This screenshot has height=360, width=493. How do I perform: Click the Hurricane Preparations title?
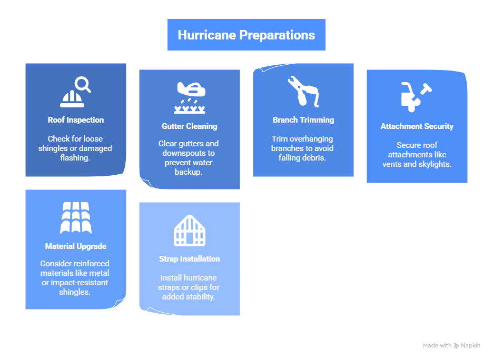(246, 35)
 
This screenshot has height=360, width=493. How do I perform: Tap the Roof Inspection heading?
(76, 120)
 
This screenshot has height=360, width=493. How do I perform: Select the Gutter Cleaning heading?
(190, 126)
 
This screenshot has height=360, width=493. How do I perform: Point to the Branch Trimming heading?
(303, 120)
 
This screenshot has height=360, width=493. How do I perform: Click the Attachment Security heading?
(417, 126)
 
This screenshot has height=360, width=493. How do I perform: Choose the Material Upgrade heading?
(76, 246)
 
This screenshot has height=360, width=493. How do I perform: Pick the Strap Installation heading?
(190, 259)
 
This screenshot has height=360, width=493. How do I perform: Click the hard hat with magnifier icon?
(76, 92)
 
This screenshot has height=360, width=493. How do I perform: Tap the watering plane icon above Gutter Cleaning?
(190, 98)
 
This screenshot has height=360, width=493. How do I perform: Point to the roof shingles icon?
(76, 218)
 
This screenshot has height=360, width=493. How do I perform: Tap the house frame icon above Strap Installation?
(190, 231)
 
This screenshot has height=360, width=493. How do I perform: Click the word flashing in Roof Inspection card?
(76, 158)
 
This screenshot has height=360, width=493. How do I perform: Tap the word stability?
(202, 297)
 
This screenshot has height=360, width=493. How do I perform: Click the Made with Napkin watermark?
(451, 346)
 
